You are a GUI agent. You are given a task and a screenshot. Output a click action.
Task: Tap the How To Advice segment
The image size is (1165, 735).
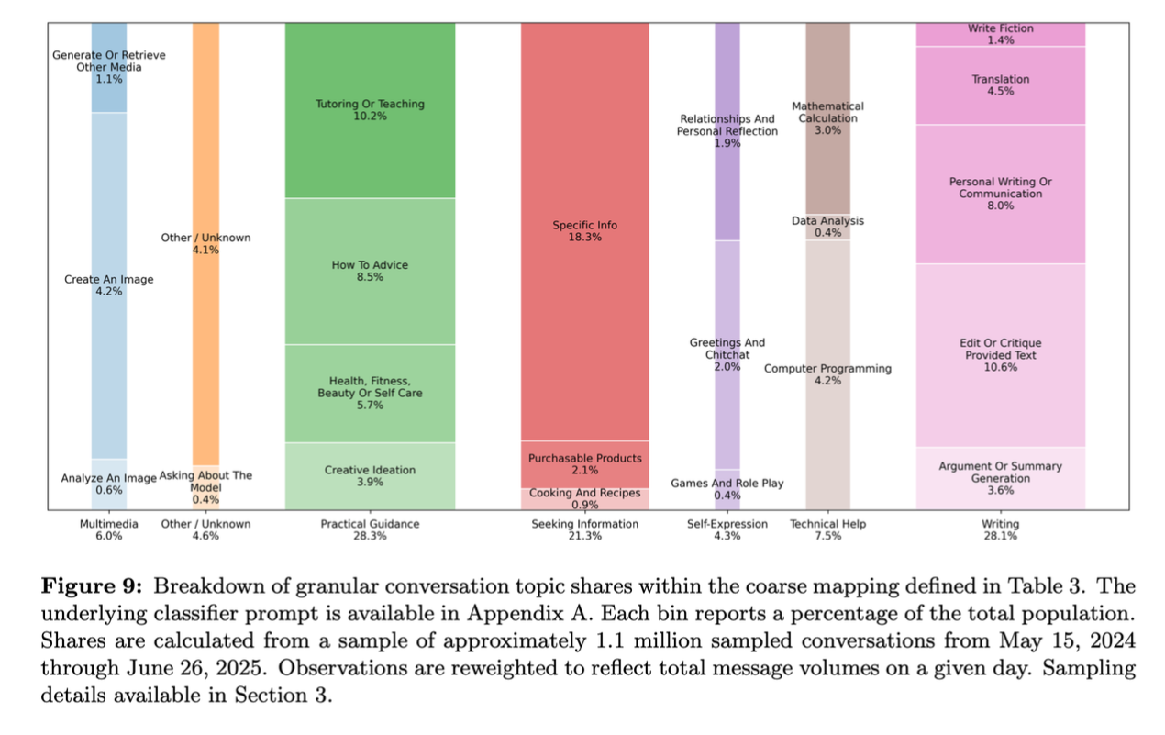[370, 271]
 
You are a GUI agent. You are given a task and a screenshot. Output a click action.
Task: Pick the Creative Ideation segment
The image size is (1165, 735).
[370, 476]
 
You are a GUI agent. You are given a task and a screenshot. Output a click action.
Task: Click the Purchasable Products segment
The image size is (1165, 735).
[584, 464]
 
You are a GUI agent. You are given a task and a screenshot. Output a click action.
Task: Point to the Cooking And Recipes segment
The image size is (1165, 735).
[584, 498]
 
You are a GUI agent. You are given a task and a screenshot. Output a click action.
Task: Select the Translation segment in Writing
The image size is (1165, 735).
[1000, 85]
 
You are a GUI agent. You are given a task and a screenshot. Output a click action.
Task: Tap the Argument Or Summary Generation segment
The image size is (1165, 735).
[1000, 478]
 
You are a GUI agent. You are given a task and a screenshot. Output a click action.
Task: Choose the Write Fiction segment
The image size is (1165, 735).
[1000, 34]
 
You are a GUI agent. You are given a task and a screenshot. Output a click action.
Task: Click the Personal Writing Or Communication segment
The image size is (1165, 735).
[1000, 194]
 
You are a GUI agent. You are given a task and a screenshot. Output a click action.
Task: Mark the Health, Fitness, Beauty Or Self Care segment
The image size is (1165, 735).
[370, 393]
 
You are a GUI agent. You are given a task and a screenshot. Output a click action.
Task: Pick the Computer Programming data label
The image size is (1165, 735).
[827, 374]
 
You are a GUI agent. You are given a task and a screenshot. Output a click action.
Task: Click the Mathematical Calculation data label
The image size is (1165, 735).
[827, 118]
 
